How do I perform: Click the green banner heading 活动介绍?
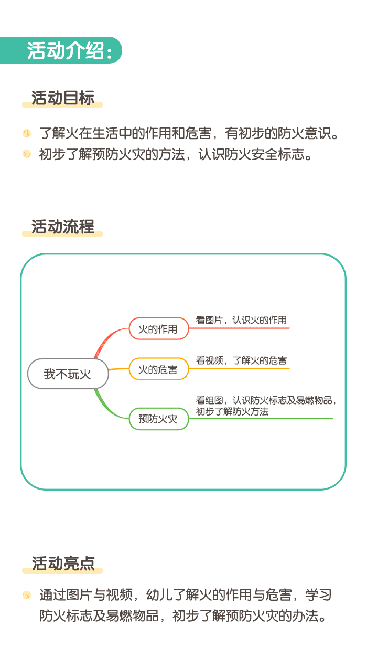tap(68, 51)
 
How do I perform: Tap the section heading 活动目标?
tap(63, 98)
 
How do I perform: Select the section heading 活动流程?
tap(63, 227)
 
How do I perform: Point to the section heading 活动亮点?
tap(63, 563)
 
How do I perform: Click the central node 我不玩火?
tap(68, 374)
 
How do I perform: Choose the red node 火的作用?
tap(158, 329)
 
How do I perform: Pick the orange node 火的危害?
tap(158, 369)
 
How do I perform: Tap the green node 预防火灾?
tap(158, 419)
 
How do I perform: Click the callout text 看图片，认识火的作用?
tap(241, 320)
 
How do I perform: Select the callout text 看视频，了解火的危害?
tap(241, 360)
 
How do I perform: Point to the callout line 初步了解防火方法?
tap(232, 412)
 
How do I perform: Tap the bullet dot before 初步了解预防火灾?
tap(27, 154)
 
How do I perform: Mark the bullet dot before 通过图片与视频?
tap(27, 595)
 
